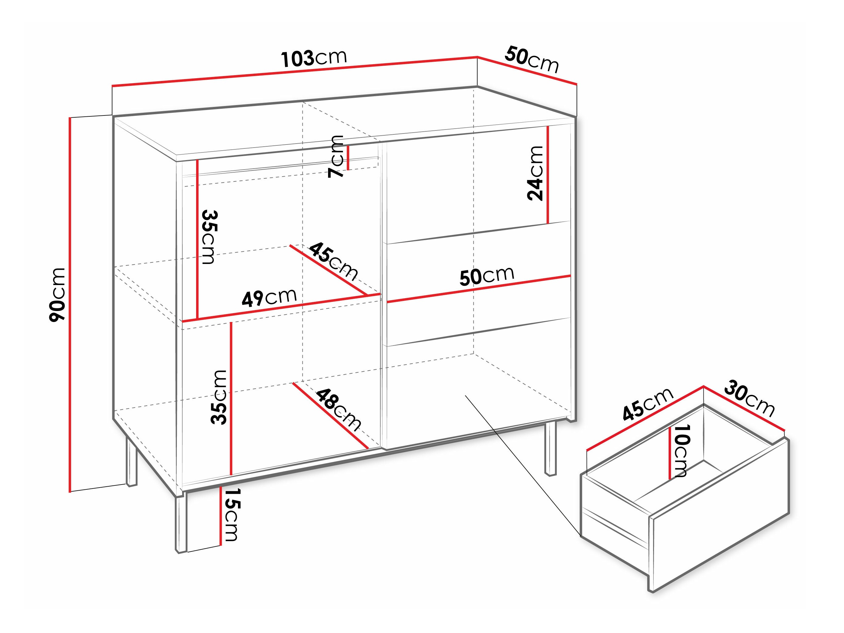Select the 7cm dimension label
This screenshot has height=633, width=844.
[336, 156]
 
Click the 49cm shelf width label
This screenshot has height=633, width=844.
[269, 297]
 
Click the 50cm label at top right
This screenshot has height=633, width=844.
[532, 60]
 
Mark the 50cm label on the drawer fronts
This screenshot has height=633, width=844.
[487, 276]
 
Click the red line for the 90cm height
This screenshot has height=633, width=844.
[70, 305]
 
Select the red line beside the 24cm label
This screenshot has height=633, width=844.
[547, 175]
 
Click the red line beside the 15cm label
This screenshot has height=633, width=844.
[221, 515]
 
